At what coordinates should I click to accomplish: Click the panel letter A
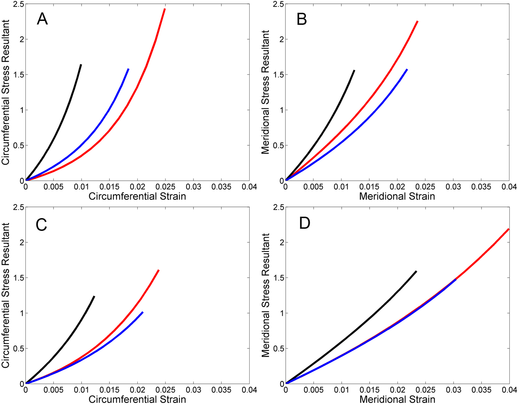tap(42, 19)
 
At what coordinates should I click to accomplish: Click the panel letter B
tap(302, 19)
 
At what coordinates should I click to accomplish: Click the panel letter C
tap(41, 225)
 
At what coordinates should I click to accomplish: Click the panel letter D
tap(304, 223)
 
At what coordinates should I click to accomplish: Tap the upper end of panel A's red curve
tap(165, 9)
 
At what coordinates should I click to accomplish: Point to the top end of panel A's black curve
tap(81, 65)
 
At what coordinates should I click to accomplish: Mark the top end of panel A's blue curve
tap(128, 69)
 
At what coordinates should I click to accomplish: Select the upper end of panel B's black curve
tap(354, 71)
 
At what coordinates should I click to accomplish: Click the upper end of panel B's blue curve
tap(407, 70)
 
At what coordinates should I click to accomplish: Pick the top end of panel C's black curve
tap(95, 296)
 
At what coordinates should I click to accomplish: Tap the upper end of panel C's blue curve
tap(143, 312)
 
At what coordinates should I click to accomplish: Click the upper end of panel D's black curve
tap(416, 271)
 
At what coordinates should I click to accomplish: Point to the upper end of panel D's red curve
tap(509, 229)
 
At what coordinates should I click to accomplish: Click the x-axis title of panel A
tap(137, 196)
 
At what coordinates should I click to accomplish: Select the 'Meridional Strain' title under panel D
tap(397, 399)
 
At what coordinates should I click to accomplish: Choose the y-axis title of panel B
tap(265, 92)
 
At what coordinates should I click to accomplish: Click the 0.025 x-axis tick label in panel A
tap(165, 187)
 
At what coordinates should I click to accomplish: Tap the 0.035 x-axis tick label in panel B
tap(481, 187)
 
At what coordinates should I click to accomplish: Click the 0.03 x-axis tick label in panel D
tap(453, 390)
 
